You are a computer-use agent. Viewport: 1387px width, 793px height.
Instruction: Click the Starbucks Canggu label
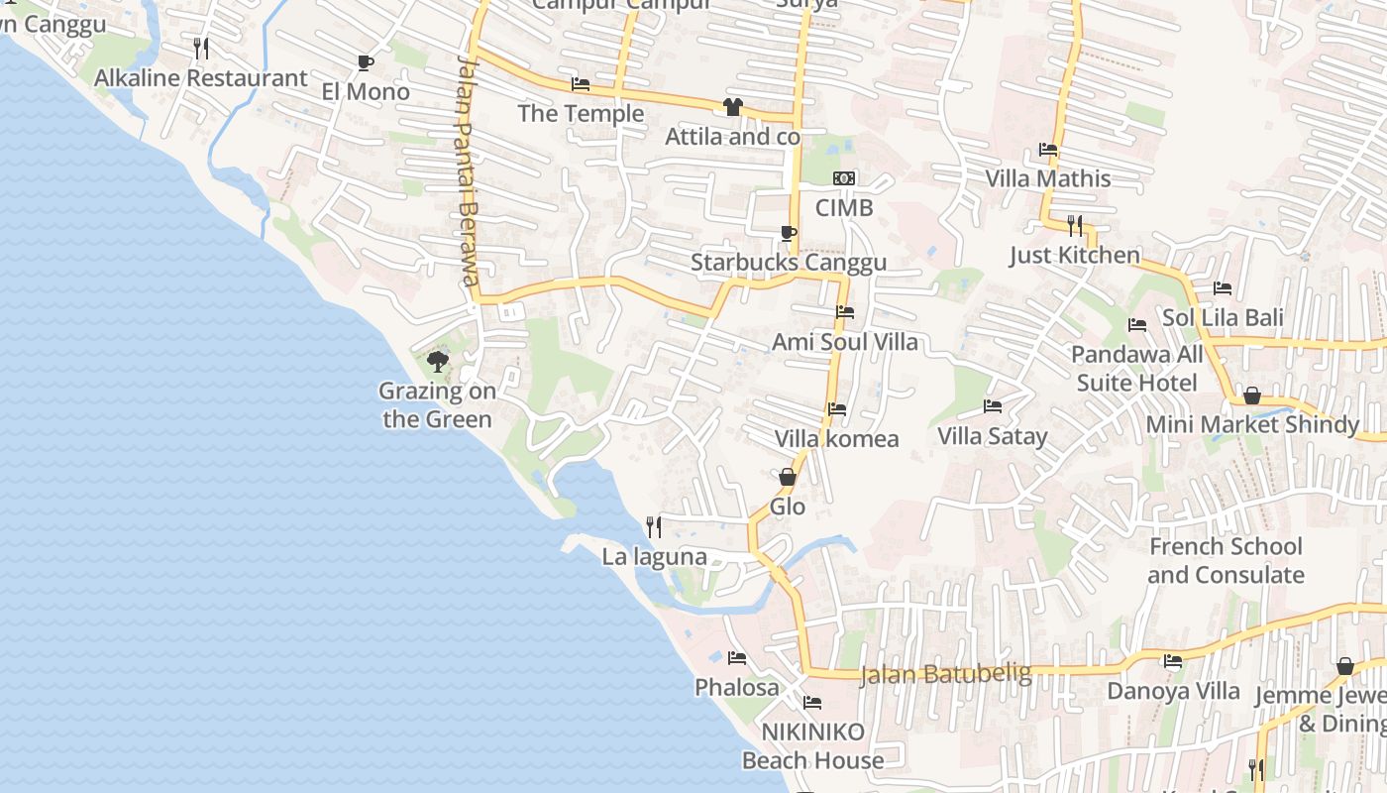(789, 263)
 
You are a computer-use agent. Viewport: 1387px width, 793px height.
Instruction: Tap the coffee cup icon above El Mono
(366, 62)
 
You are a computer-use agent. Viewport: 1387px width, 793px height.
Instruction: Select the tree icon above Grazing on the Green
(437, 362)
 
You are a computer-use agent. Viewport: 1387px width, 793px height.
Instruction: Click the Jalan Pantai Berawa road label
(469, 170)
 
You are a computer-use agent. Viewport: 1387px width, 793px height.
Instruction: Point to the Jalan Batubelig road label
(945, 674)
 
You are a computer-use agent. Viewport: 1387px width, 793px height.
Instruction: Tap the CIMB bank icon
(844, 178)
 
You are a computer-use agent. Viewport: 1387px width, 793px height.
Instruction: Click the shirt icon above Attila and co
(732, 107)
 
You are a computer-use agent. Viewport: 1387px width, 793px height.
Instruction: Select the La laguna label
(655, 557)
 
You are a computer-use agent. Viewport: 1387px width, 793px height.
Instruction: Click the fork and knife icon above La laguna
(654, 526)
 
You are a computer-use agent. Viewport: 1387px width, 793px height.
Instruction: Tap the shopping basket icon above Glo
(788, 477)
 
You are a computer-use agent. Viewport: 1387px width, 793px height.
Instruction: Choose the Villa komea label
(837, 438)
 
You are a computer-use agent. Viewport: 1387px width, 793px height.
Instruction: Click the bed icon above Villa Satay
(993, 406)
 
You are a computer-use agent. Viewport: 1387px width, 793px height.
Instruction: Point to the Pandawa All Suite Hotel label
(1137, 369)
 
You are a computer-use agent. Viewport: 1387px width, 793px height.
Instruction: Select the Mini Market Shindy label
(1252, 424)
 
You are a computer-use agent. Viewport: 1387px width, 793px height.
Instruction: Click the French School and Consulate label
(1226, 561)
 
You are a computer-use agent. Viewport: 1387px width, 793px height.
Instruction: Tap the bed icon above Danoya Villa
(1173, 661)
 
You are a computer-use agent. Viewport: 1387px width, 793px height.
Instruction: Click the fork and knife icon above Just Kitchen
(1075, 225)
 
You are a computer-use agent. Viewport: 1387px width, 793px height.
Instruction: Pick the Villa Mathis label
(1048, 178)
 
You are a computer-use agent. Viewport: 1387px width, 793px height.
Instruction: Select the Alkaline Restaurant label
(201, 77)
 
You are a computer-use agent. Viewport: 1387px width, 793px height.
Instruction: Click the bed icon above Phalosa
(736, 657)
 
